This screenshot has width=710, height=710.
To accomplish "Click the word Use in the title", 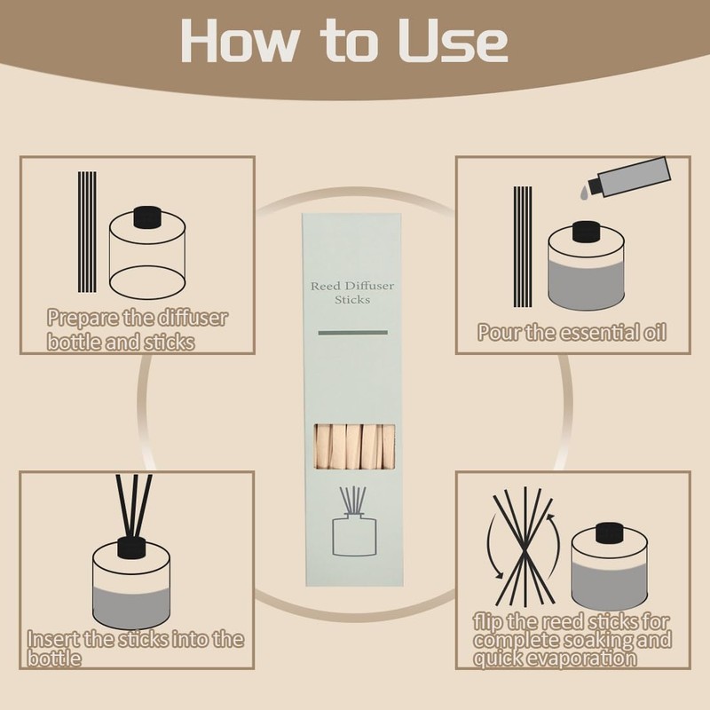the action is (454, 41).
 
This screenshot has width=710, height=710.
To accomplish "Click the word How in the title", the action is (240, 40).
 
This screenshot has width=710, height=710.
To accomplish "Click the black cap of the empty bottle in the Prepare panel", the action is (147, 217).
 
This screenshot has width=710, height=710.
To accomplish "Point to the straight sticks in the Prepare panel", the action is (87, 232).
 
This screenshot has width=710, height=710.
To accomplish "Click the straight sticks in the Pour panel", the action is (523, 247).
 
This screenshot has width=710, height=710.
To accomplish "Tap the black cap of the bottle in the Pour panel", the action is (587, 232).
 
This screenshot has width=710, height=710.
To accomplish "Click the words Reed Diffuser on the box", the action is (352, 286).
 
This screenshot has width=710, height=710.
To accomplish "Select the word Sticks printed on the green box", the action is (352, 300).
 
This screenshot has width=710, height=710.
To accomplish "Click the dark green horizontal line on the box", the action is (352, 333).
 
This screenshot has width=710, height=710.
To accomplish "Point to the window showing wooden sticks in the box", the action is (354, 446).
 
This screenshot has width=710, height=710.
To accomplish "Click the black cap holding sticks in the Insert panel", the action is (131, 548).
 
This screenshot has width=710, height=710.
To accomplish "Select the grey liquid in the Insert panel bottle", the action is (131, 607).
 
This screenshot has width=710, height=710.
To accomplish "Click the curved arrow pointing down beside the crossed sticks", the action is (493, 546).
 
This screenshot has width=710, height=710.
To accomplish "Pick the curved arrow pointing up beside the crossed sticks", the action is (556, 547).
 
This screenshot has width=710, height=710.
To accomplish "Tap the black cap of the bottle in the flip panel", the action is (610, 533).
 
